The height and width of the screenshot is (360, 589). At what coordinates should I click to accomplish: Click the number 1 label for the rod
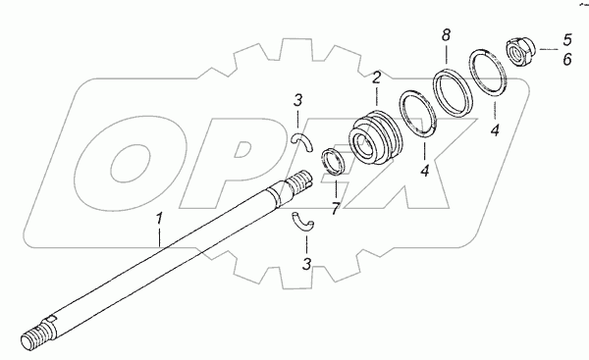pyautogui.click(x=160, y=219)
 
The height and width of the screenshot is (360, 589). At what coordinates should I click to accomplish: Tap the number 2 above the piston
pyautogui.click(x=377, y=77)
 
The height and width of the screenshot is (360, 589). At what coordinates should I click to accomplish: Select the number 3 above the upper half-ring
pyautogui.click(x=297, y=100)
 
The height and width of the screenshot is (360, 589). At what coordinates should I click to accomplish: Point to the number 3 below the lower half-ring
pyautogui.click(x=307, y=264)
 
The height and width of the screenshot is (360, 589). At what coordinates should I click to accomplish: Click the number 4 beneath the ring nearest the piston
pyautogui.click(x=425, y=171)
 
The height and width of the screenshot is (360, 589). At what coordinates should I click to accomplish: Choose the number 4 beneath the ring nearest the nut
pyautogui.click(x=495, y=130)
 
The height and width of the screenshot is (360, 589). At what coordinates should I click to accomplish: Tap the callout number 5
pyautogui.click(x=566, y=40)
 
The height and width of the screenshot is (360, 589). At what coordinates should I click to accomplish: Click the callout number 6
pyautogui.click(x=566, y=59)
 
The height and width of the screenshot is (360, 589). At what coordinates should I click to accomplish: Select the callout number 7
pyautogui.click(x=336, y=209)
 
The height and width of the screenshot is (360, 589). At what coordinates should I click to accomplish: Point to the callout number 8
pyautogui.click(x=446, y=35)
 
